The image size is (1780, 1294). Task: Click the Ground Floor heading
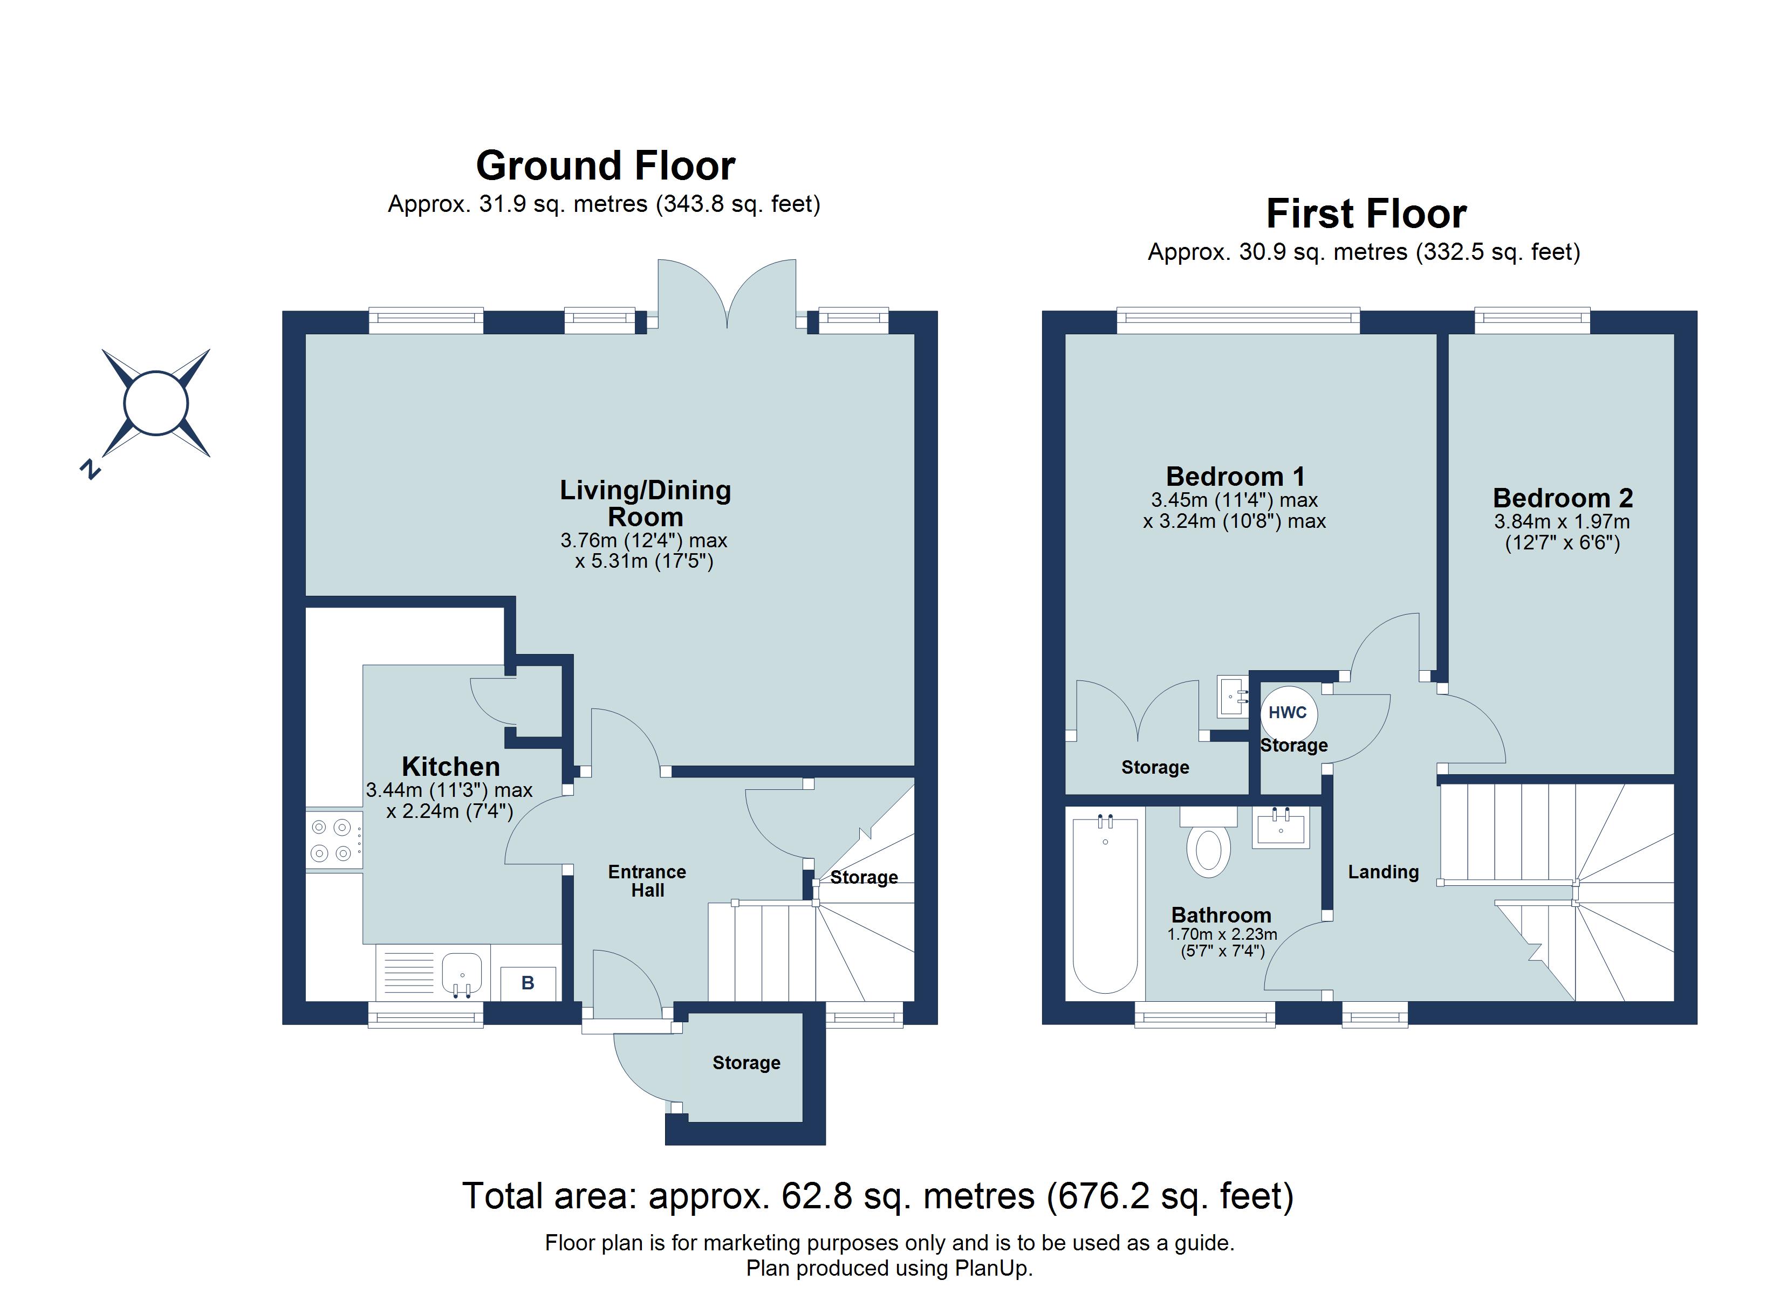(x=605, y=167)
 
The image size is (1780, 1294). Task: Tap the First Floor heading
(x=1366, y=214)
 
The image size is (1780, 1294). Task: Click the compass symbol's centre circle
(x=156, y=403)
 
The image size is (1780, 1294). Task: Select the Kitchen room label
(x=450, y=767)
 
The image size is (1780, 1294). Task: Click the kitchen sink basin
(x=462, y=974)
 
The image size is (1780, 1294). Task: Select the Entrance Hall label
(x=647, y=881)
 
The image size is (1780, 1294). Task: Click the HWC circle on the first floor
(x=1288, y=713)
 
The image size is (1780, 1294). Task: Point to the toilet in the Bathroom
(x=1209, y=851)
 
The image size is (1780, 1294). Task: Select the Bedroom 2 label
(x=1563, y=498)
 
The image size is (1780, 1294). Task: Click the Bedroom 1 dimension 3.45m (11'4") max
(x=1235, y=500)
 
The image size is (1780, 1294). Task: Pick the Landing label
(x=1384, y=872)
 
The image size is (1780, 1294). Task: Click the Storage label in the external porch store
(x=747, y=1063)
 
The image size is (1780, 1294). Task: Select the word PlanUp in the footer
(x=992, y=1268)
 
